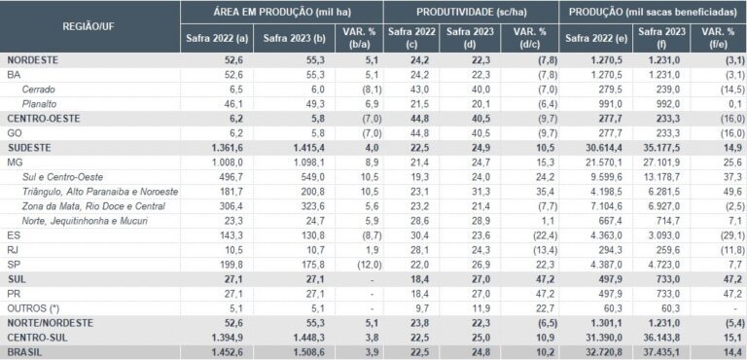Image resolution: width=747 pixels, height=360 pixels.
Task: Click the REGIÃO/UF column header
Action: pos(90,26)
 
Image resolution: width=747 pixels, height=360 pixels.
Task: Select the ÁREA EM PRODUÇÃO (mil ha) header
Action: pos(281,12)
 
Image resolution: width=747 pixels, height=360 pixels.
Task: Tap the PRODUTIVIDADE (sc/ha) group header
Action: pos(471,12)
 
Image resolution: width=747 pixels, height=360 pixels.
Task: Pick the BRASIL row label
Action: pos(26,352)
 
